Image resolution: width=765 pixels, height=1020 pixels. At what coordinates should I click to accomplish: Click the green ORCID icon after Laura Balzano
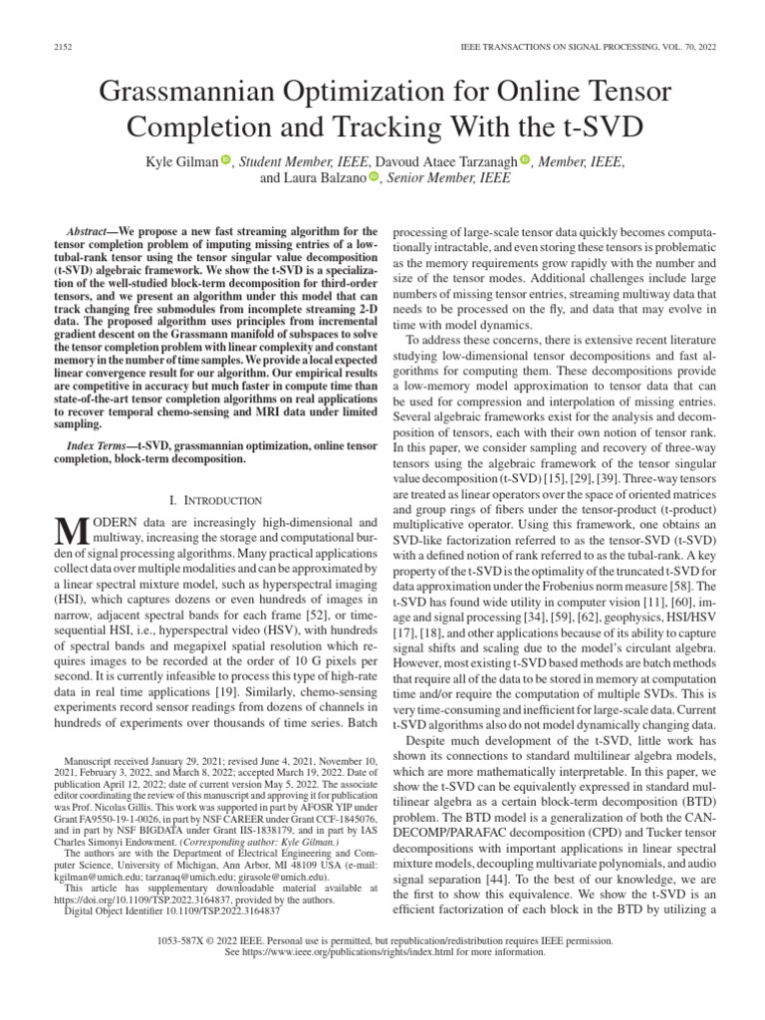click(374, 178)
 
